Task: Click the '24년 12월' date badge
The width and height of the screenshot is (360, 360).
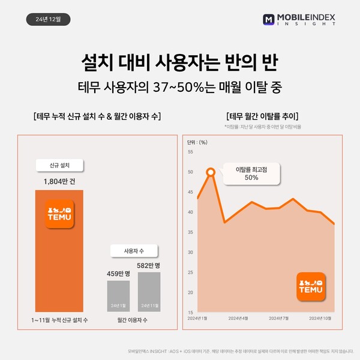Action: (x=49, y=19)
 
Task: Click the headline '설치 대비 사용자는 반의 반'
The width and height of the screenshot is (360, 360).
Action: (x=179, y=62)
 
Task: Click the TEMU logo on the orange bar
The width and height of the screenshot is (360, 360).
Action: (x=59, y=214)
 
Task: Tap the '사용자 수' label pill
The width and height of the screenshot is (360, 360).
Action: (x=133, y=250)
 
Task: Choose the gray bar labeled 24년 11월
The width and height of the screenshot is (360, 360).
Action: (x=149, y=292)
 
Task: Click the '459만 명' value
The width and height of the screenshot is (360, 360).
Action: (x=119, y=274)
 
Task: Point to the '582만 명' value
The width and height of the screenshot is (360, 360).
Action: (x=149, y=265)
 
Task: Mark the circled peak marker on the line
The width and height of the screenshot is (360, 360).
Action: (x=211, y=173)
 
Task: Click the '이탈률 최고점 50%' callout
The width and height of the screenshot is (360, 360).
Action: (x=251, y=173)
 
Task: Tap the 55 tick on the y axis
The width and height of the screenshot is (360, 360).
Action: (x=190, y=152)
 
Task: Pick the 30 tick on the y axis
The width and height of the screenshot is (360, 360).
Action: (x=190, y=252)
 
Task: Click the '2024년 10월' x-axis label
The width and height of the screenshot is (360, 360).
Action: (x=319, y=318)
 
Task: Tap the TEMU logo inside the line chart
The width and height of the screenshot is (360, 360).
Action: (x=311, y=286)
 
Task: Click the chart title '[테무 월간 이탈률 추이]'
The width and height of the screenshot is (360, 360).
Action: (x=263, y=116)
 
